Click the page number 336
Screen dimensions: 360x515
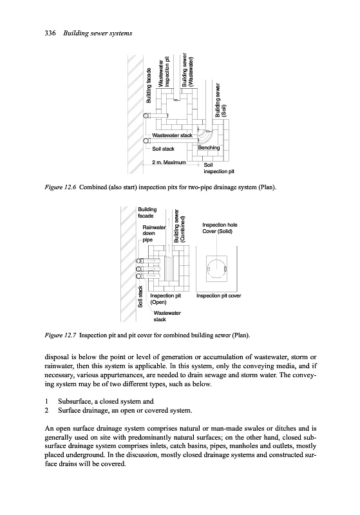coord(50,33)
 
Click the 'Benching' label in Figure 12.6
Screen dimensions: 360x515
coord(209,148)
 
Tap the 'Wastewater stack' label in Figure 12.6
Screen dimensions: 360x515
coord(172,135)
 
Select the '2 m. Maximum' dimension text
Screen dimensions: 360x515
coord(169,162)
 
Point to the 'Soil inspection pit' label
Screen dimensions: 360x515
coord(219,168)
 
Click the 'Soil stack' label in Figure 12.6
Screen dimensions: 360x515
coord(163,149)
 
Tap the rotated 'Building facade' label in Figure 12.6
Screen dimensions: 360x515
coord(149,86)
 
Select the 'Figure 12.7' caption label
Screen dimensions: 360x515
coord(61,335)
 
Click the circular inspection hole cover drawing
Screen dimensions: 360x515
coord(217,259)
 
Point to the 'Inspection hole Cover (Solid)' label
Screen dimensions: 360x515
coord(220,228)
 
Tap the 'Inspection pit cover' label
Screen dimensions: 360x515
coord(218,295)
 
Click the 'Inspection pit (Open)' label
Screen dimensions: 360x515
coord(166,299)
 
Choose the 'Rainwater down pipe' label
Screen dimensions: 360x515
coord(154,233)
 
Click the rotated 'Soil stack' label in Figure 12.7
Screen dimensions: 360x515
coord(140,297)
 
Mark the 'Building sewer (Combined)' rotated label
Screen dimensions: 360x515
coord(180,226)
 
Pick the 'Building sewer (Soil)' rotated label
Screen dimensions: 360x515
coord(220,100)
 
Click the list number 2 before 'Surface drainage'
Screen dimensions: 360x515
coord(46,410)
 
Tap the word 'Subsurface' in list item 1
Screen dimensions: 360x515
coord(75,401)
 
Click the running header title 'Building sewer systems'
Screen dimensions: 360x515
coord(97,33)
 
